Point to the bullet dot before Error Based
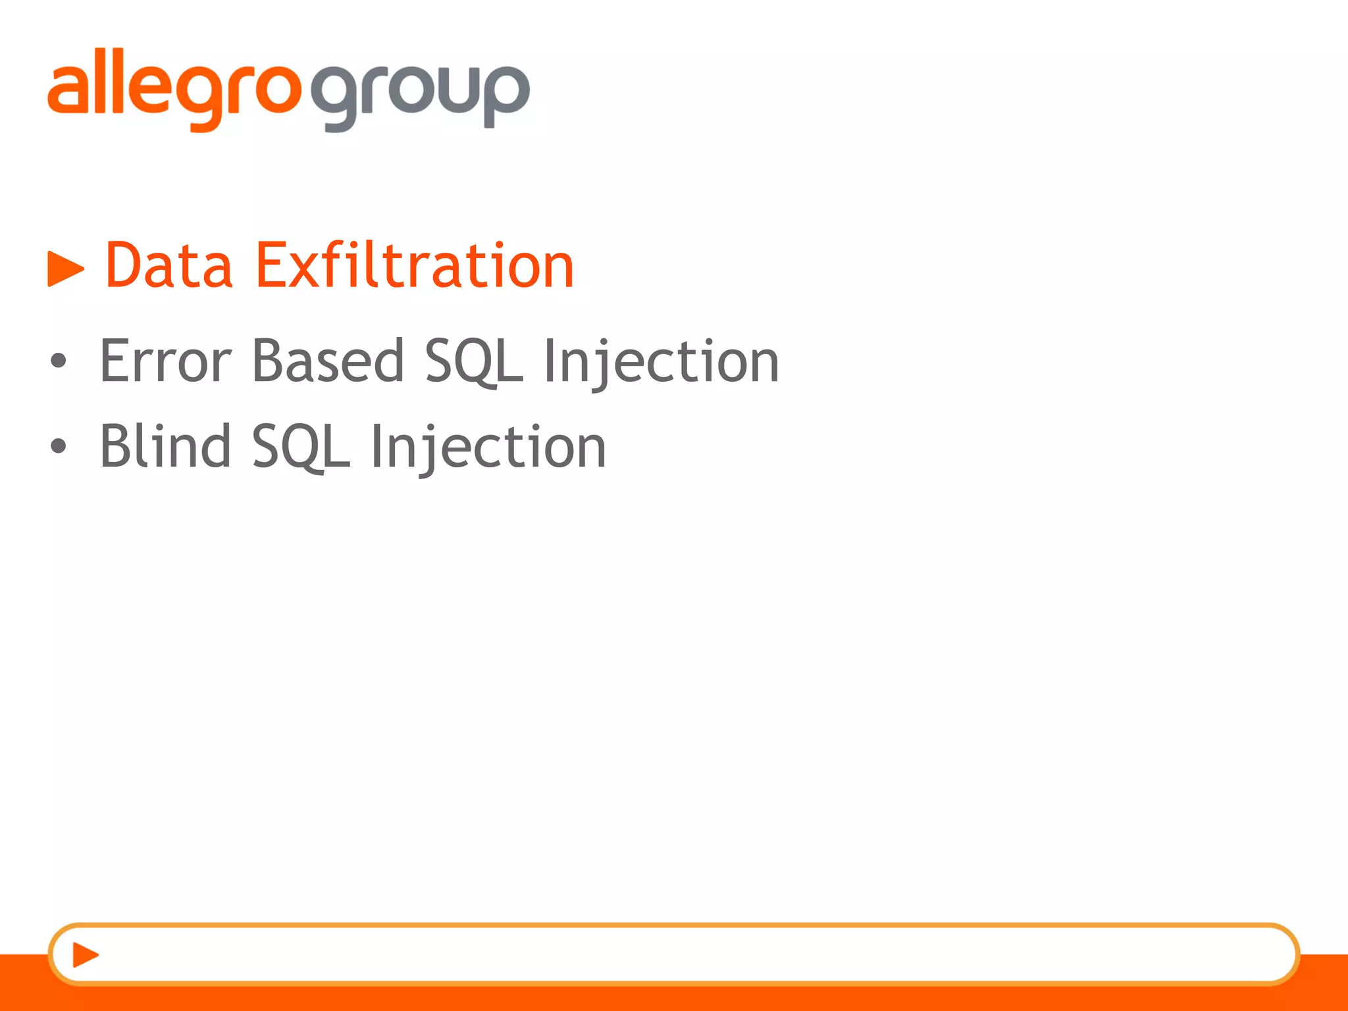point(59,361)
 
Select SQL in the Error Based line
point(474,362)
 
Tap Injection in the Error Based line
point(661,362)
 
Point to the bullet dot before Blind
point(59,446)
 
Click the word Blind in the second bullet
point(165,446)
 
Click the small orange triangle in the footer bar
point(85,955)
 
